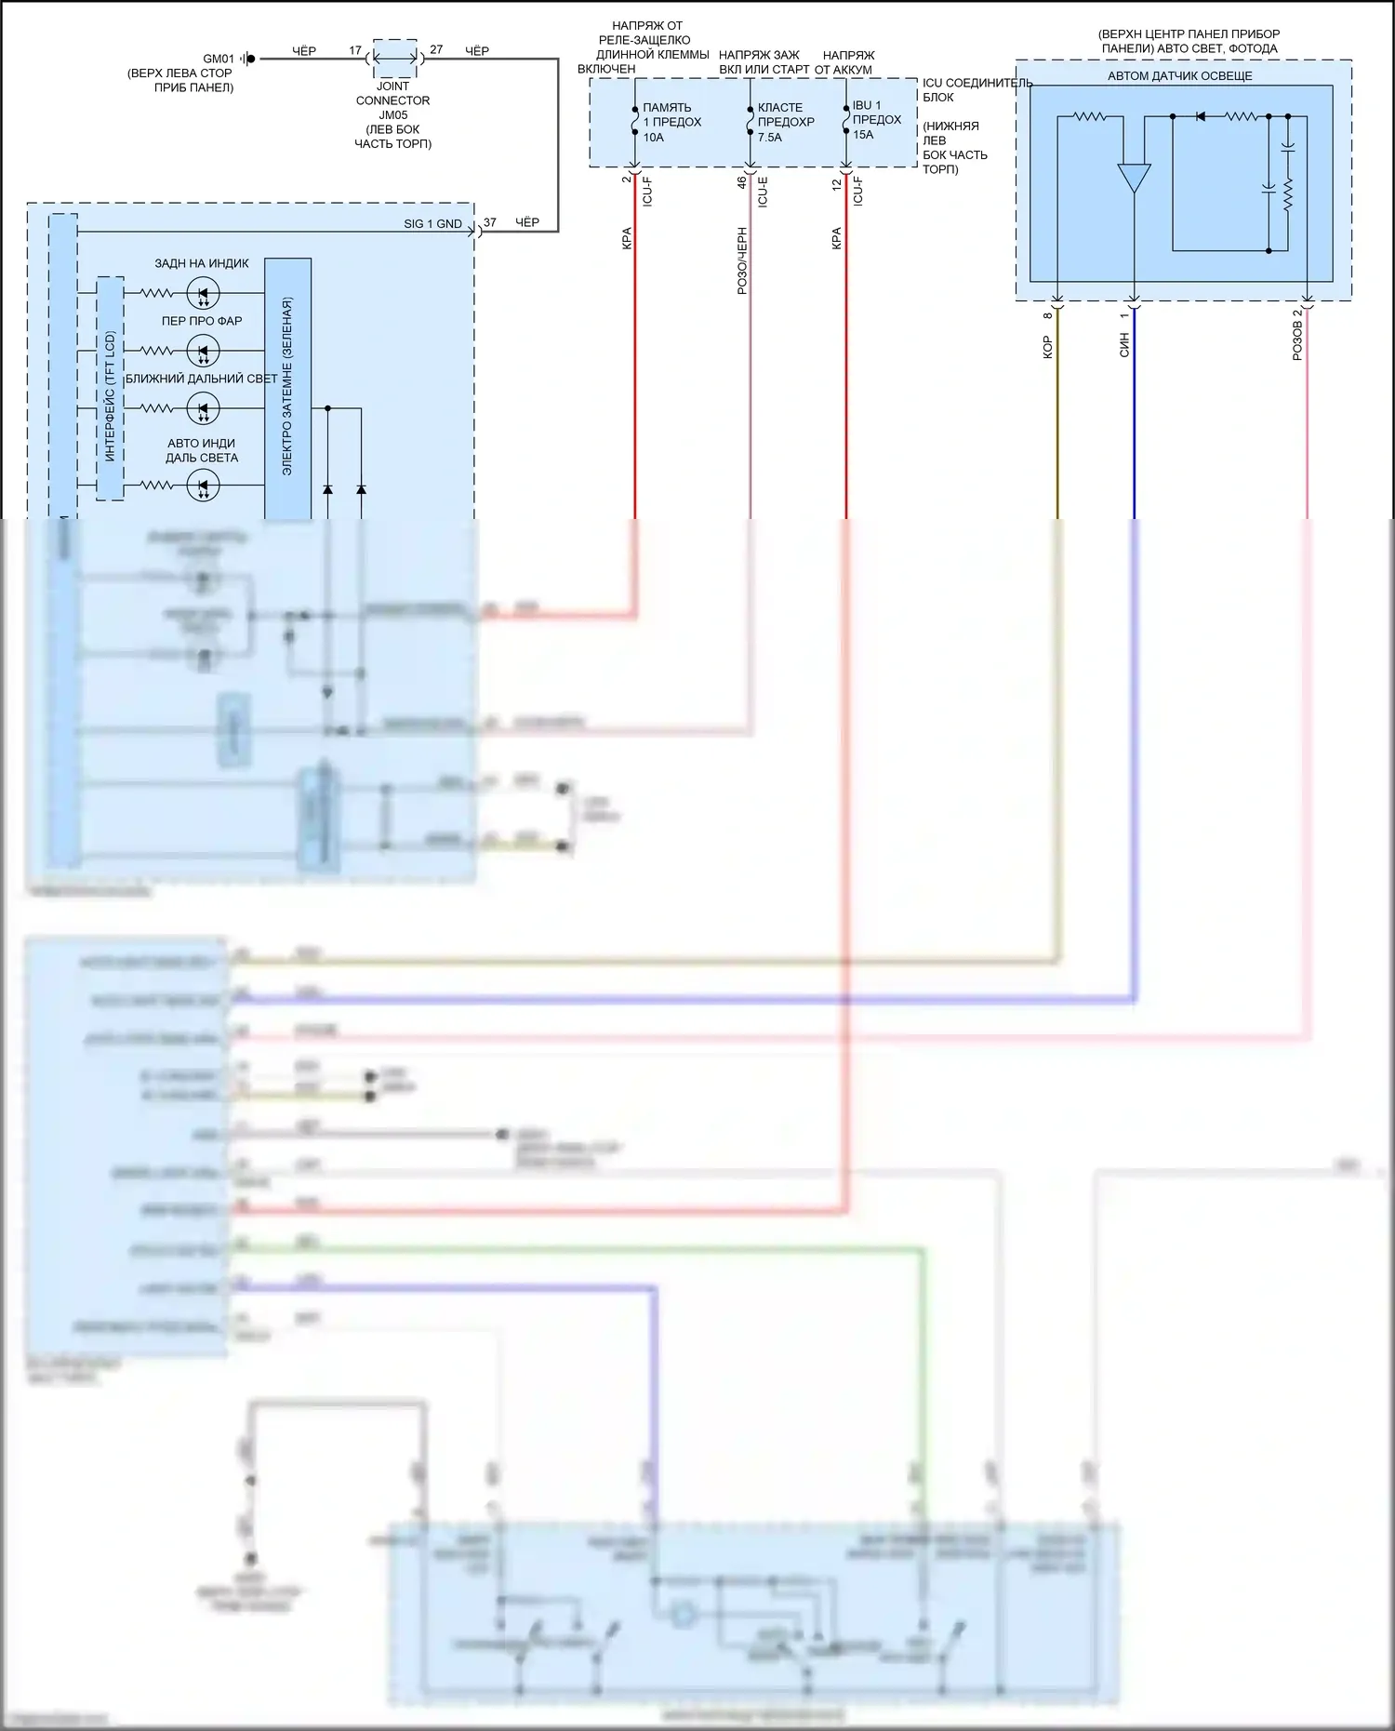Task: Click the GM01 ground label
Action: [x=219, y=59]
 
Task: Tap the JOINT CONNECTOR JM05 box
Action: [x=394, y=59]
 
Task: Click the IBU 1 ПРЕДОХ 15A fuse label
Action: [x=876, y=120]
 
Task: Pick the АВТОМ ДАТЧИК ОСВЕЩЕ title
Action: [x=1179, y=76]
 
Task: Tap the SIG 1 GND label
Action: [x=432, y=224]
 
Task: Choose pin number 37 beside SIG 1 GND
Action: [x=490, y=223]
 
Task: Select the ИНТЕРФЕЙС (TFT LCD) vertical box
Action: [x=111, y=389]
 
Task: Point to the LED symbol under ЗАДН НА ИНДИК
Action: [x=203, y=294]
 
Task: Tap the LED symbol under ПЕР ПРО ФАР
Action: [x=203, y=352]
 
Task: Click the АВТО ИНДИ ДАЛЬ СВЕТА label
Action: [x=202, y=450]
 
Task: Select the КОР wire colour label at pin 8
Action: [x=1048, y=348]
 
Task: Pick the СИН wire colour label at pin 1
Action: [x=1124, y=346]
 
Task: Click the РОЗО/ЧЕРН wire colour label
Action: [x=742, y=261]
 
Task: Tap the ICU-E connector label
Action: [x=764, y=192]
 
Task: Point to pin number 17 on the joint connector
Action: [x=355, y=50]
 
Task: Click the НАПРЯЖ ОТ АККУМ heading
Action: [x=845, y=62]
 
